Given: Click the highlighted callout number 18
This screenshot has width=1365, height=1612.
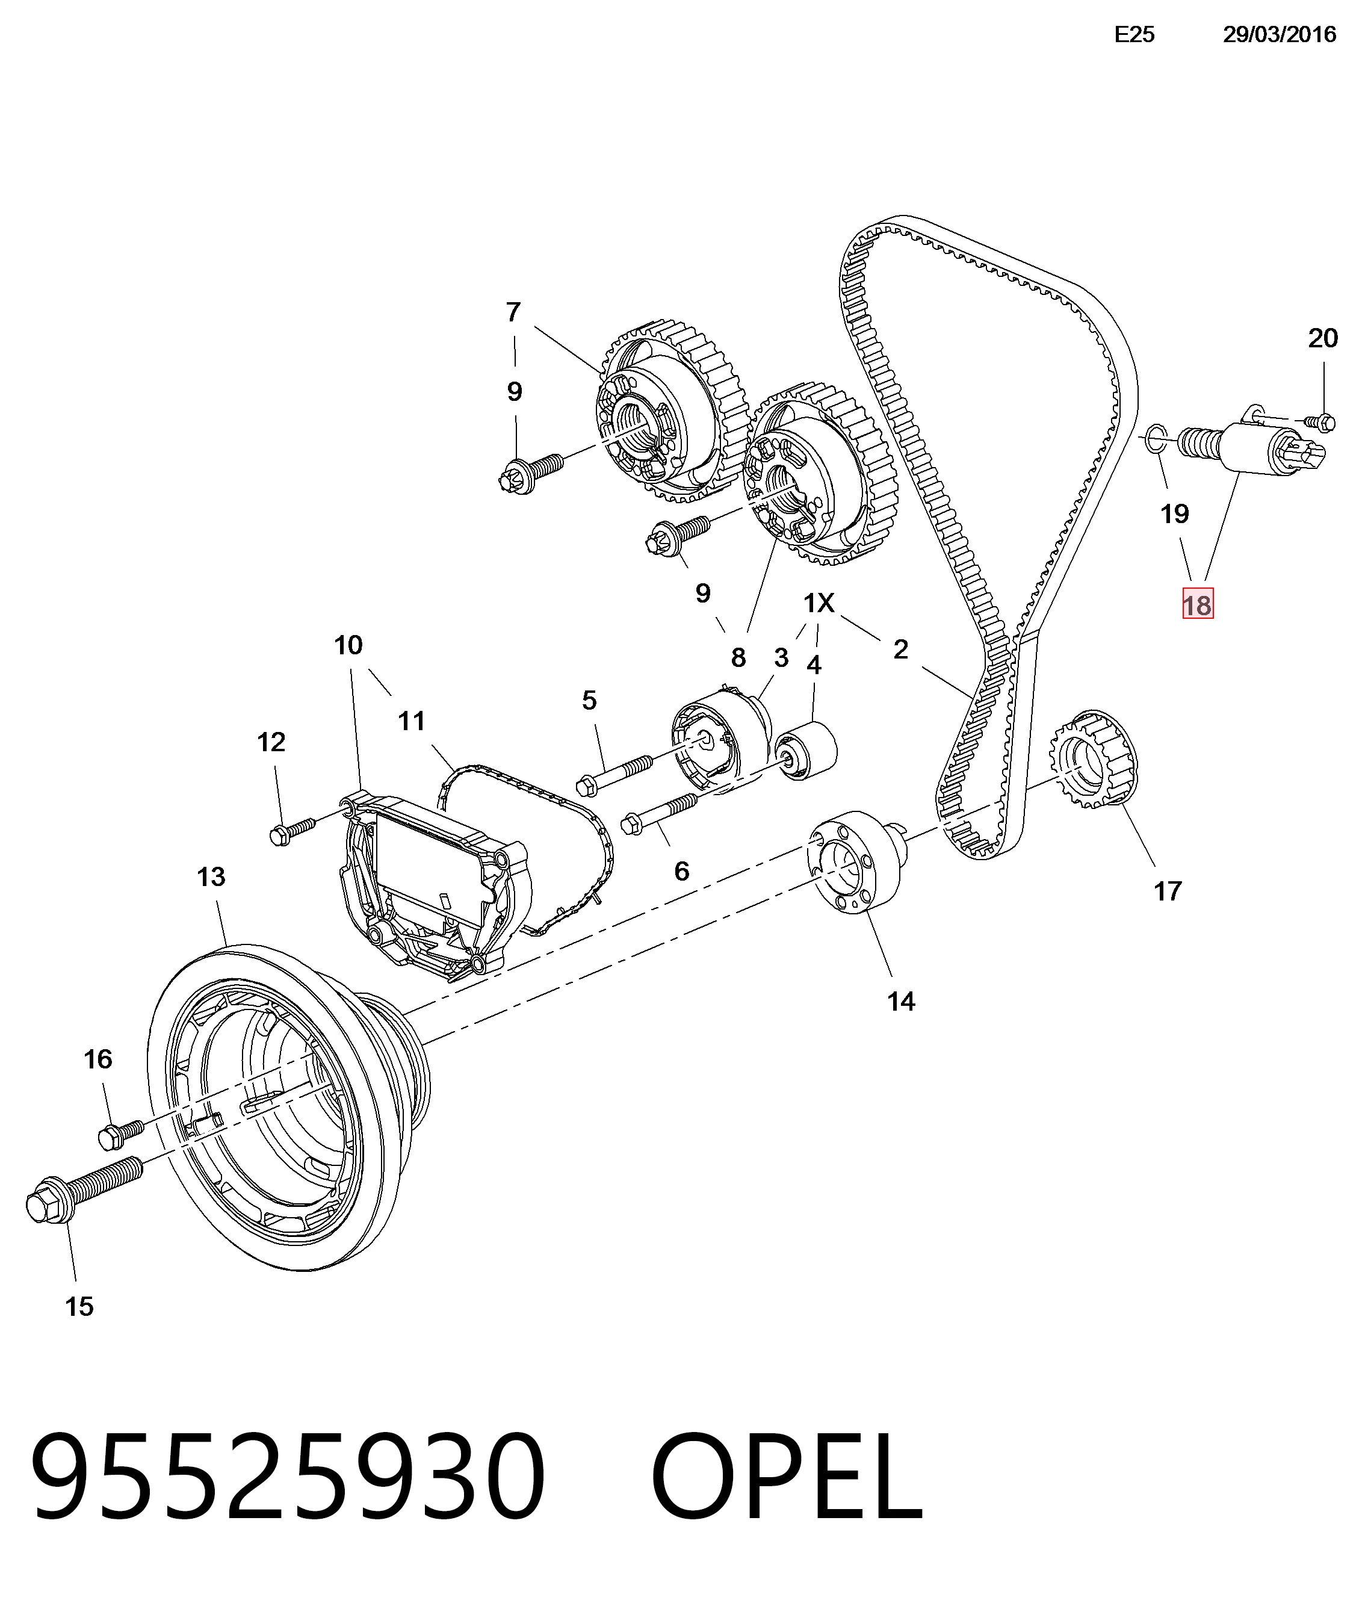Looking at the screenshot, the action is tap(1197, 604).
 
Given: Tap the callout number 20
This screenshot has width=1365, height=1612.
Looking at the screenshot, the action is tap(1322, 338).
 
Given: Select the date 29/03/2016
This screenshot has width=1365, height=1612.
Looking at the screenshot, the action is tap(1279, 35).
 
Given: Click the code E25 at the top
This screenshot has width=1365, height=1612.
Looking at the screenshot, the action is tap(1134, 35).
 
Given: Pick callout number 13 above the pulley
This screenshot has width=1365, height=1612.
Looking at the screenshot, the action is tap(211, 877).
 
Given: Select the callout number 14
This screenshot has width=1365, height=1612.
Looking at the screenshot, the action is tap(901, 1002).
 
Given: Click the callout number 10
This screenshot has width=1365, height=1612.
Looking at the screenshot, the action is tap(348, 645).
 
